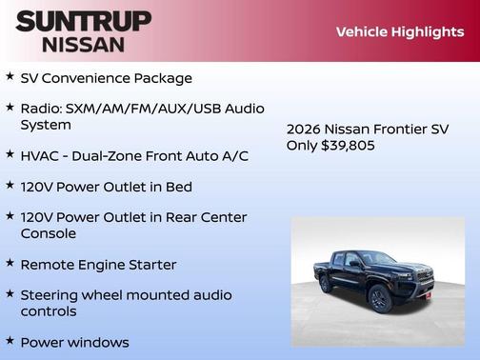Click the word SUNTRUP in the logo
[x=83, y=21]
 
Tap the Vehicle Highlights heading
[x=399, y=31]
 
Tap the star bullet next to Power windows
[x=10, y=340]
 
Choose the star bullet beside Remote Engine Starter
[x=10, y=263]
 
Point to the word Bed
[x=179, y=186]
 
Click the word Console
[x=49, y=232]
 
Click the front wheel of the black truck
[x=378, y=299]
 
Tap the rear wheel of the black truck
[x=326, y=283]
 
